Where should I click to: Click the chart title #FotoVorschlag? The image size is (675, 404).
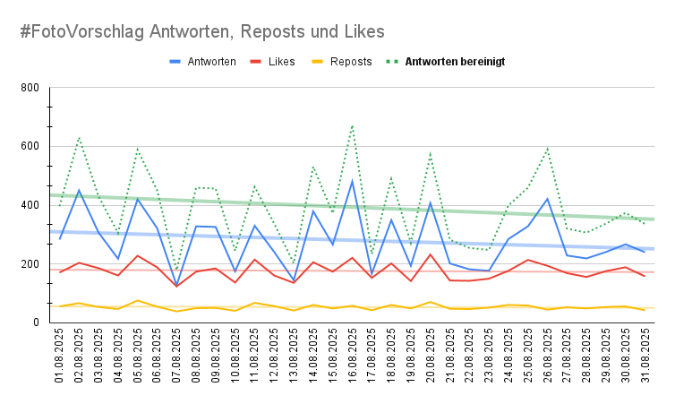(x=202, y=31)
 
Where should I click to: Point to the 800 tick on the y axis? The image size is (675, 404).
(x=30, y=88)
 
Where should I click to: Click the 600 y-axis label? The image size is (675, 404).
(x=30, y=146)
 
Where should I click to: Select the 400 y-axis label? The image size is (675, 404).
(x=30, y=205)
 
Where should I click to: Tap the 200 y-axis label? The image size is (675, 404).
(x=30, y=264)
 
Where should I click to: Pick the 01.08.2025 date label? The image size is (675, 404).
(x=60, y=357)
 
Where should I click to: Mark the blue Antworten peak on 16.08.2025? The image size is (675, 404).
(x=353, y=181)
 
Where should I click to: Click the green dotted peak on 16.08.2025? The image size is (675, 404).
(x=353, y=125)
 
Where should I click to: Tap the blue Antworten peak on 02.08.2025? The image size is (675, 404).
(x=80, y=190)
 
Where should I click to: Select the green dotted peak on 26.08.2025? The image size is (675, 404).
(x=548, y=149)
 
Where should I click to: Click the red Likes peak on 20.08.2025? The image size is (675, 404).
(x=431, y=254)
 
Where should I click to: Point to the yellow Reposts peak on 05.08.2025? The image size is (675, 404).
(x=138, y=301)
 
